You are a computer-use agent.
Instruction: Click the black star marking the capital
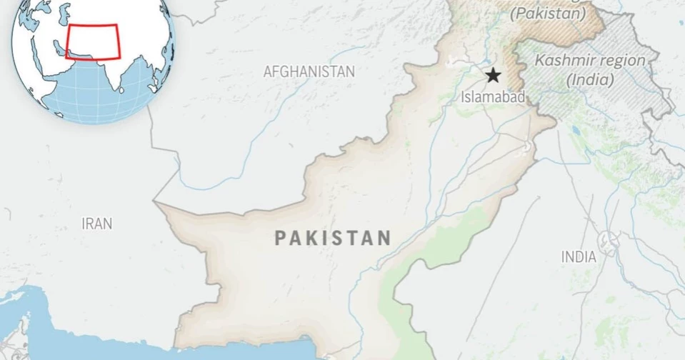pos(493,76)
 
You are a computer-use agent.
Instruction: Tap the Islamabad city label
pos(493,96)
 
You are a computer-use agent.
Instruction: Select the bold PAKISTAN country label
pos(333,238)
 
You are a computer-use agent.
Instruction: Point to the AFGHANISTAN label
pos(309,71)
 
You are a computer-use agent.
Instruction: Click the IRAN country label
pos(96,224)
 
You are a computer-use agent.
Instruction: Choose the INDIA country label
pos(579,257)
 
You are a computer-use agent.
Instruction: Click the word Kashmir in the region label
pos(561,61)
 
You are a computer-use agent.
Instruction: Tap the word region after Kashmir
pos(618,61)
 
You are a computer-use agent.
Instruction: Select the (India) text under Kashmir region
pos(590,80)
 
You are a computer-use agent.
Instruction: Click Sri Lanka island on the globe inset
pos(121,91)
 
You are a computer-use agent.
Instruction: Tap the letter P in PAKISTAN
pos(281,239)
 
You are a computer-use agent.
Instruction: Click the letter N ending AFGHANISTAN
pos(350,71)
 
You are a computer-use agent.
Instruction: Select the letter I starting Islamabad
pos(463,96)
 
